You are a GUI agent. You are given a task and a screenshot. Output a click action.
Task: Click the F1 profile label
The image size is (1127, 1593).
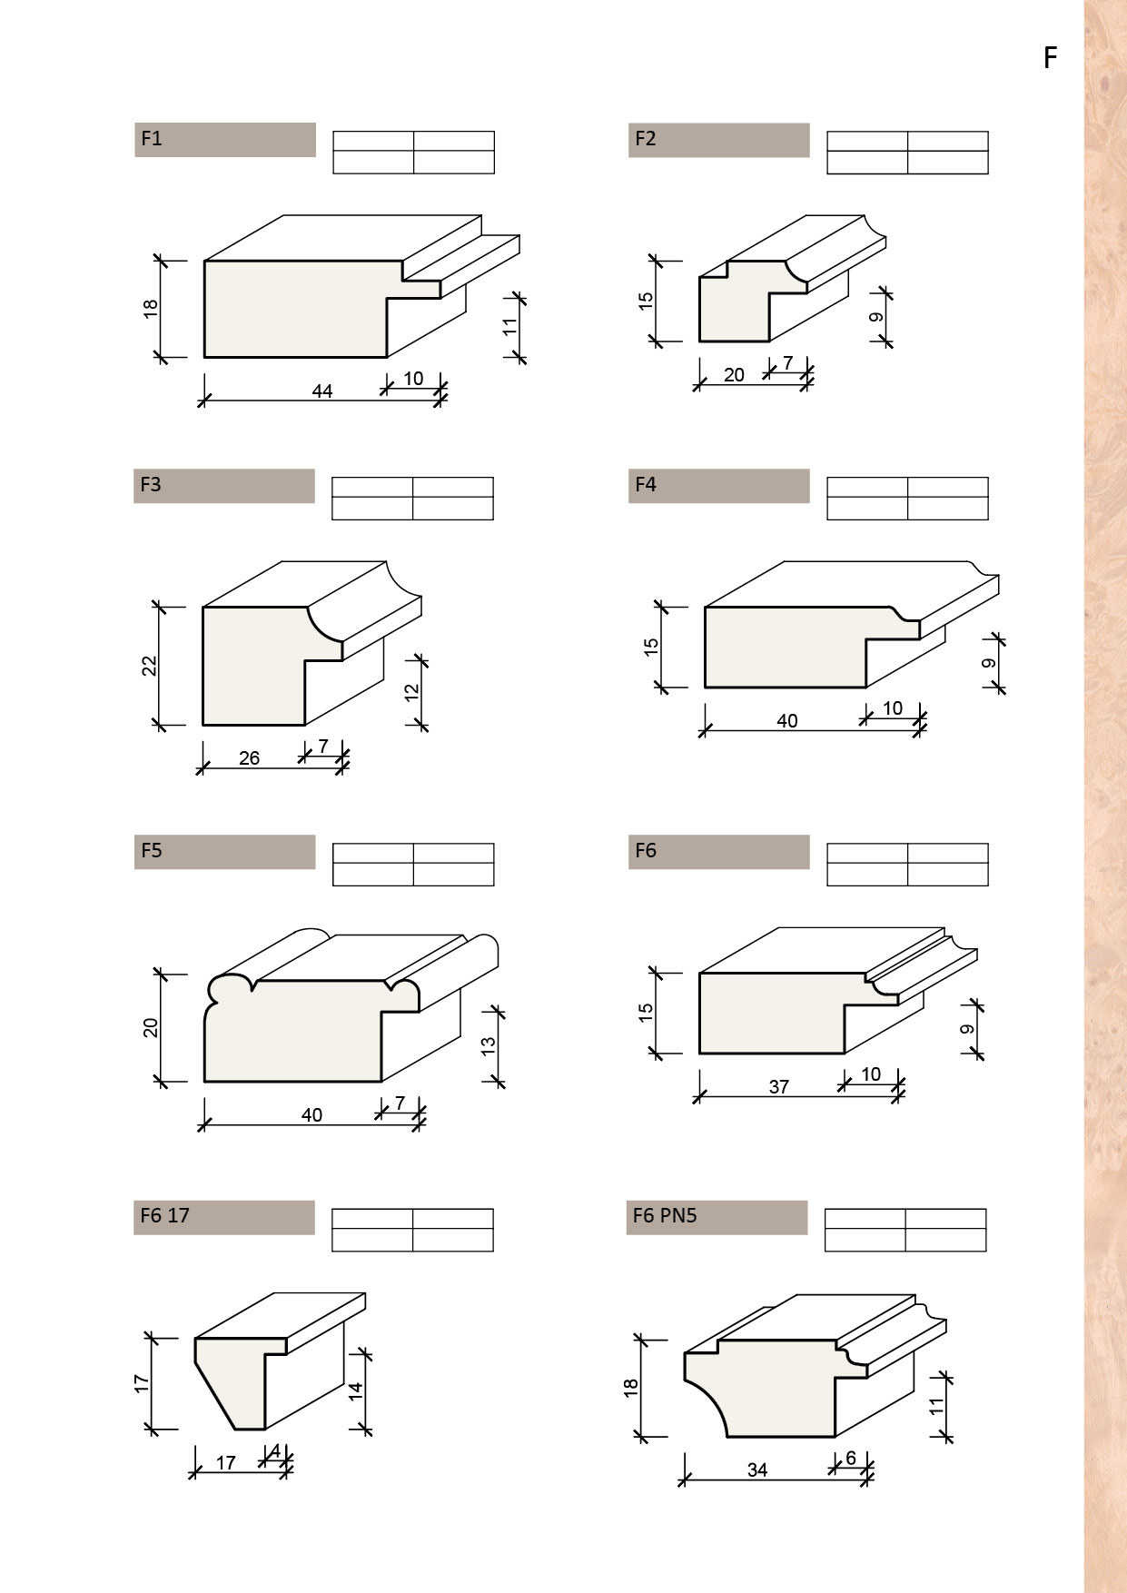[x=152, y=139]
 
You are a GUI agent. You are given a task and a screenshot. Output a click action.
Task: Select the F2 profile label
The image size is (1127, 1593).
[x=645, y=139]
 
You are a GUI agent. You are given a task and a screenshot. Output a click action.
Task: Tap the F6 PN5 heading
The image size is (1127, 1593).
[x=664, y=1216]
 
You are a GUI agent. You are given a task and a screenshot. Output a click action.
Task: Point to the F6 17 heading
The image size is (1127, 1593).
[x=165, y=1216]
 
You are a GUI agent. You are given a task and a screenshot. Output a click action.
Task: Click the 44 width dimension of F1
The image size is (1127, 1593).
[x=322, y=391]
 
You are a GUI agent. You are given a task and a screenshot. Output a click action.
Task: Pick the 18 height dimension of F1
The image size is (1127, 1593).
[x=151, y=309]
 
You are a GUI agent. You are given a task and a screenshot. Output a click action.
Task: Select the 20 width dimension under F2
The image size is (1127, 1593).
[x=734, y=375]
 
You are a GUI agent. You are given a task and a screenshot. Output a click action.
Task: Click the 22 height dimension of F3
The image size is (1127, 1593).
[x=150, y=666]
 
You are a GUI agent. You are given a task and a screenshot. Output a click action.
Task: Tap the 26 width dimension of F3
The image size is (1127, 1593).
[x=249, y=758]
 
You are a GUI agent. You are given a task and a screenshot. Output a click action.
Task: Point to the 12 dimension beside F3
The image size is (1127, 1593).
[x=412, y=691]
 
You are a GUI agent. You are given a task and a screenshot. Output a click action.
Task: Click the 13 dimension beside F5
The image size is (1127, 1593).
[x=489, y=1046]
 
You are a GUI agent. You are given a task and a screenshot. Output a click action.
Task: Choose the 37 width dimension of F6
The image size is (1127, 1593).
[x=779, y=1087]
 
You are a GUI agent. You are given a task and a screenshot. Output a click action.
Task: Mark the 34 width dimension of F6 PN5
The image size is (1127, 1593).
[x=757, y=1469]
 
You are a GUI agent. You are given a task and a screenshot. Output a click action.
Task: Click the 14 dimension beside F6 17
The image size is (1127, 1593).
[x=356, y=1390]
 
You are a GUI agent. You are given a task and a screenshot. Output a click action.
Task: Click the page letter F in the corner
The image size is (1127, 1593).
[x=1051, y=58]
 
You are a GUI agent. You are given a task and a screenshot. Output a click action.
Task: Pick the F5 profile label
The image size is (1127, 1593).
[x=152, y=851]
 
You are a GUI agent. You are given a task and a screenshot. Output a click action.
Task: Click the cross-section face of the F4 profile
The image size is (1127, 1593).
[x=786, y=647]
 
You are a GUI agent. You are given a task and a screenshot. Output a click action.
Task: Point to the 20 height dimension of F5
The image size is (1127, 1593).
[x=151, y=1028]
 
